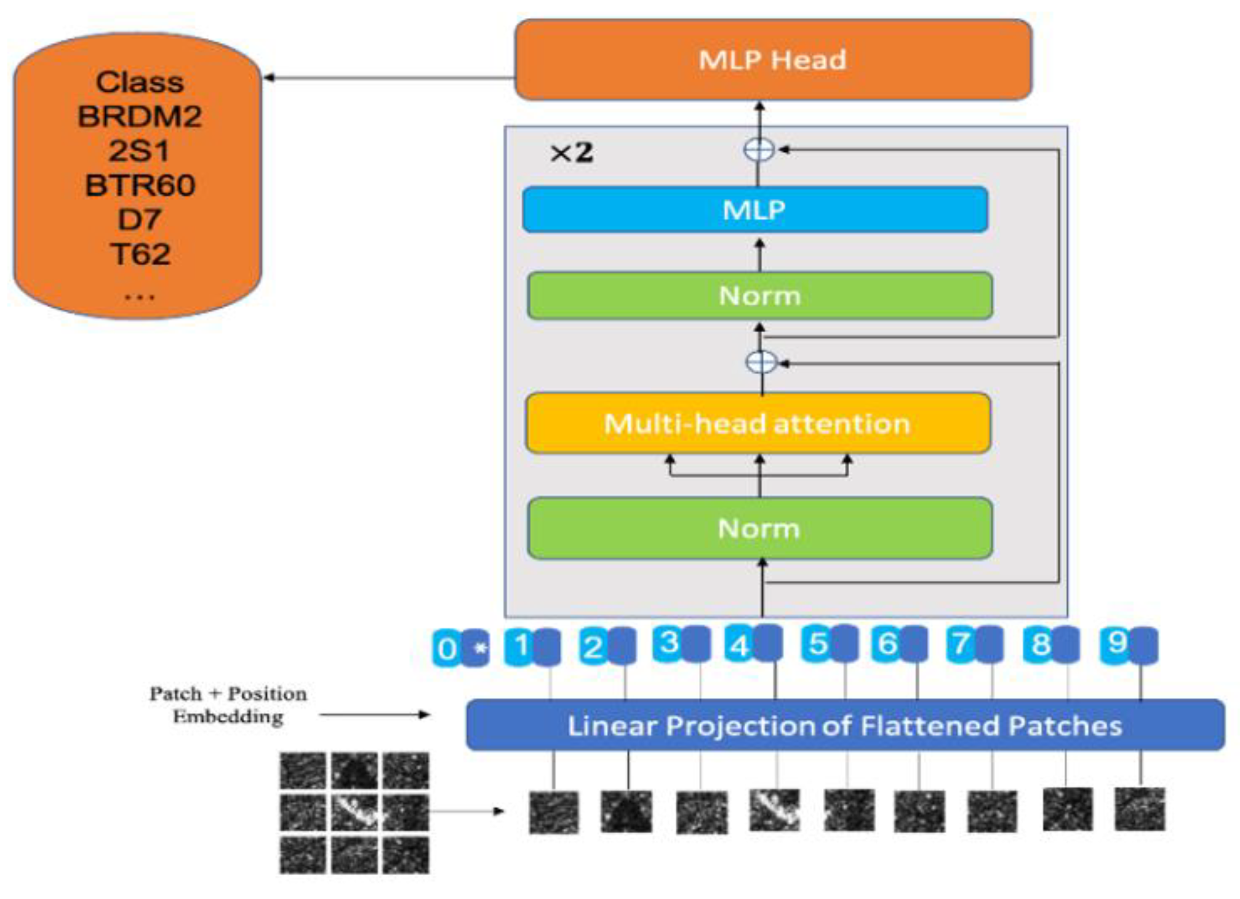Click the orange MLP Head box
tap(773, 60)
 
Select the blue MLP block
tap(755, 210)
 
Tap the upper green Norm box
tap(759, 295)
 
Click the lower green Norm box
tap(759, 528)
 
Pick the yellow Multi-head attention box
tap(758, 423)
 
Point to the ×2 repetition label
tap(571, 153)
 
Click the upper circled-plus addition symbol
tap(759, 149)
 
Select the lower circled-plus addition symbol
tap(761, 362)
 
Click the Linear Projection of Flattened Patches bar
tap(844, 725)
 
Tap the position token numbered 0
tap(446, 648)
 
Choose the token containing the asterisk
tap(476, 648)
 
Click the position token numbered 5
tap(817, 644)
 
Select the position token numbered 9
tap(1115, 644)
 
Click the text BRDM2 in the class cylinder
tap(140, 116)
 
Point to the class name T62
tap(140, 254)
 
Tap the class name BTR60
tap(140, 185)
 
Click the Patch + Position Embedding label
tap(228, 705)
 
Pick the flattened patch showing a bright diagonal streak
tap(774, 810)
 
